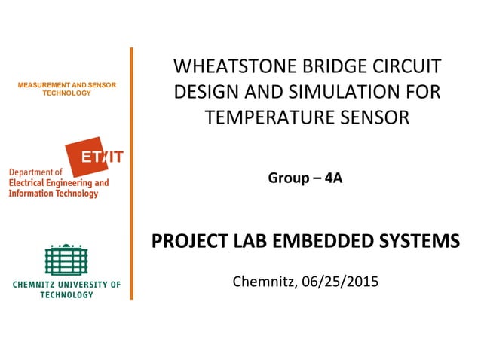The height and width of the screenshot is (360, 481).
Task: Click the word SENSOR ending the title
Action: [379, 117]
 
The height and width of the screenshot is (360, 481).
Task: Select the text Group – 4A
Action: [305, 178]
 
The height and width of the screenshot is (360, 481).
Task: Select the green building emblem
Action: [66, 260]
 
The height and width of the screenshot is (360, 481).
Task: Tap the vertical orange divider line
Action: [131, 173]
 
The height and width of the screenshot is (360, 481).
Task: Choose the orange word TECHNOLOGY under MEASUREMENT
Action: [66, 93]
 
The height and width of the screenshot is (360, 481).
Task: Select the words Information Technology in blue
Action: [54, 194]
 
